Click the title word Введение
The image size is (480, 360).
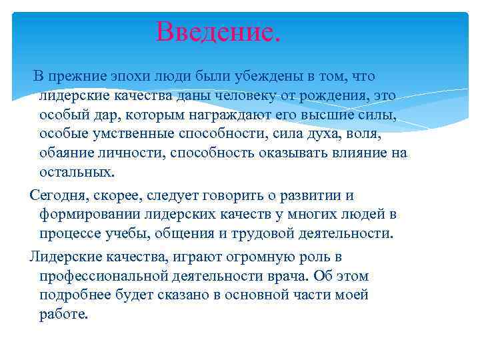coord(219,31)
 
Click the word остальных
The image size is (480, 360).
coord(76,172)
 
